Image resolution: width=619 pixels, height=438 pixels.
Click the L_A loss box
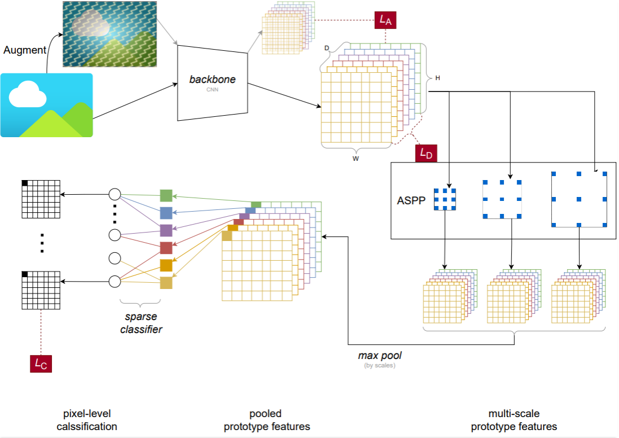385,20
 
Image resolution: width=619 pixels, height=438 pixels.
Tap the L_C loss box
41,364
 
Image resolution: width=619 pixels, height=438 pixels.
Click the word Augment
25,50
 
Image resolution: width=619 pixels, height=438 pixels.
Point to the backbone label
212,80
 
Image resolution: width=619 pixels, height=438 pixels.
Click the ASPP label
409,200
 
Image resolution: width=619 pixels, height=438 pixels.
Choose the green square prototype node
166,196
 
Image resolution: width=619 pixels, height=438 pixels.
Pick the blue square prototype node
166,213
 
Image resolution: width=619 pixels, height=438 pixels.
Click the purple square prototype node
166,230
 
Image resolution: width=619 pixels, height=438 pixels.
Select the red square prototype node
166,248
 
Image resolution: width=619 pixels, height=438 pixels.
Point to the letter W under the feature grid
356,159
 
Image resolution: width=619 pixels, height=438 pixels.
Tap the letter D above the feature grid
326,49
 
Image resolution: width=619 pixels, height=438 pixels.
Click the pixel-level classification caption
87,420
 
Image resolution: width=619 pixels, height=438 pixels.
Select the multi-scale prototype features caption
514,420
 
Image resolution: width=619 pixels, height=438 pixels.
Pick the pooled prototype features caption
267,420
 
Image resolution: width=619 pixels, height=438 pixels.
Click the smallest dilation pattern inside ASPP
445,200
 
